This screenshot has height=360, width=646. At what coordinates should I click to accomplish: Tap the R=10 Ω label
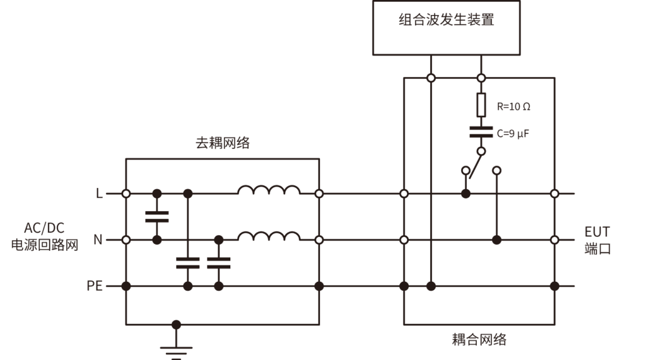513,107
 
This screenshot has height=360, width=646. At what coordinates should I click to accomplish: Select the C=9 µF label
512,134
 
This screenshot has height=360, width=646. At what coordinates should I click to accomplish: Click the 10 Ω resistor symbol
481,105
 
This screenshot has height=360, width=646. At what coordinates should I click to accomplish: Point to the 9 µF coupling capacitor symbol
481,132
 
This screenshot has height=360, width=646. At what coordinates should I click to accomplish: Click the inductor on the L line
269,190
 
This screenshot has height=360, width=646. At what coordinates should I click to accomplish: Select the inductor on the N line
269,236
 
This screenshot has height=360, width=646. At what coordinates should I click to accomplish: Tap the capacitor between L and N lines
157,217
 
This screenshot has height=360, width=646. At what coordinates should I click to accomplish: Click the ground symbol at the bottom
177,351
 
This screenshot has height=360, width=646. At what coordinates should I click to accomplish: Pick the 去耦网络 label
222,143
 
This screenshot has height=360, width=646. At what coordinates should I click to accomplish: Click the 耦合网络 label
479,340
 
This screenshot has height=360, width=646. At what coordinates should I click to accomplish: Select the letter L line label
99,194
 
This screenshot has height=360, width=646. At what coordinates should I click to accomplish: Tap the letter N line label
98,240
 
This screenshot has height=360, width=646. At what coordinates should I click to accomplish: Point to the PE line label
95,286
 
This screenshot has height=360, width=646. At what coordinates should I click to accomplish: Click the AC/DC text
44,228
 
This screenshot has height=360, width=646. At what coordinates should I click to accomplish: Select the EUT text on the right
597,231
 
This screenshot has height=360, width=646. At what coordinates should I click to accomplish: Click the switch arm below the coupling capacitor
475,165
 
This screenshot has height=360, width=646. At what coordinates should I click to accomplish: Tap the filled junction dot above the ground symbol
177,325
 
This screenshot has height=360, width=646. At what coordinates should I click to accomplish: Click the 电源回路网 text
44,245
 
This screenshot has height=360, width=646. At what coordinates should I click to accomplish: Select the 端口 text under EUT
597,248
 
